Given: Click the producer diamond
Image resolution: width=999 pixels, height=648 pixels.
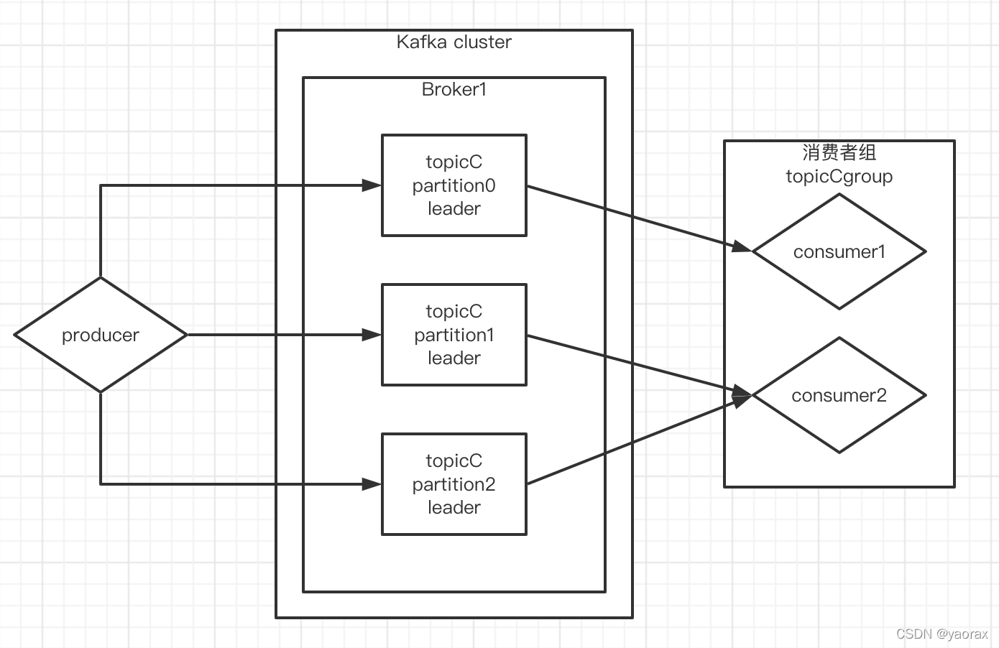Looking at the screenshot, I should point(101,335).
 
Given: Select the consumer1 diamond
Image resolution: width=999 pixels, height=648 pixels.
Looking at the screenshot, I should point(839,251).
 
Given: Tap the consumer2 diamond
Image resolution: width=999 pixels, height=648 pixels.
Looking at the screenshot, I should point(839,395).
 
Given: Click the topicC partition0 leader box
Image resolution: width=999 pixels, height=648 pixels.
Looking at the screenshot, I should point(454,185).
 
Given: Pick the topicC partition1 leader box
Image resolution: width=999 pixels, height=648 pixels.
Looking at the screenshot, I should point(454,334).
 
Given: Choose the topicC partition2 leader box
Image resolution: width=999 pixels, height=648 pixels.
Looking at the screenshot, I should point(454,483).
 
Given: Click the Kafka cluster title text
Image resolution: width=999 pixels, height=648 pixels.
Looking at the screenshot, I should point(454,42).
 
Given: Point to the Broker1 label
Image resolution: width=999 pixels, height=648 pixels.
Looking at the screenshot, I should point(454,90).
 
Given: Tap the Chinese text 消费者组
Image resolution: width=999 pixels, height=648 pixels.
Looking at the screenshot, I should point(839,152).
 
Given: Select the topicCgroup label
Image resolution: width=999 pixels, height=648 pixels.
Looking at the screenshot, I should point(839,177).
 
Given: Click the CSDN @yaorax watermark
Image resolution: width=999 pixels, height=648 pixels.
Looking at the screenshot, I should point(942,634).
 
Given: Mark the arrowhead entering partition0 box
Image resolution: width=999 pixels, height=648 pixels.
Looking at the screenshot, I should point(372,185).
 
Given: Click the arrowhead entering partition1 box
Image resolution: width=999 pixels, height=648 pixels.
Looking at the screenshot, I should point(372,335).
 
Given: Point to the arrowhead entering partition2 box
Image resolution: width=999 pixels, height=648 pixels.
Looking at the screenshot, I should point(372,484).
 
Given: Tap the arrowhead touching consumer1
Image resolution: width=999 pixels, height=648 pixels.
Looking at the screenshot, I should point(742,248).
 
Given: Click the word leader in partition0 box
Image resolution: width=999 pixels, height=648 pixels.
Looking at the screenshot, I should point(454,209).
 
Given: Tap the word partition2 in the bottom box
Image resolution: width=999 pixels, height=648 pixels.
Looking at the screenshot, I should point(454,484).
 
